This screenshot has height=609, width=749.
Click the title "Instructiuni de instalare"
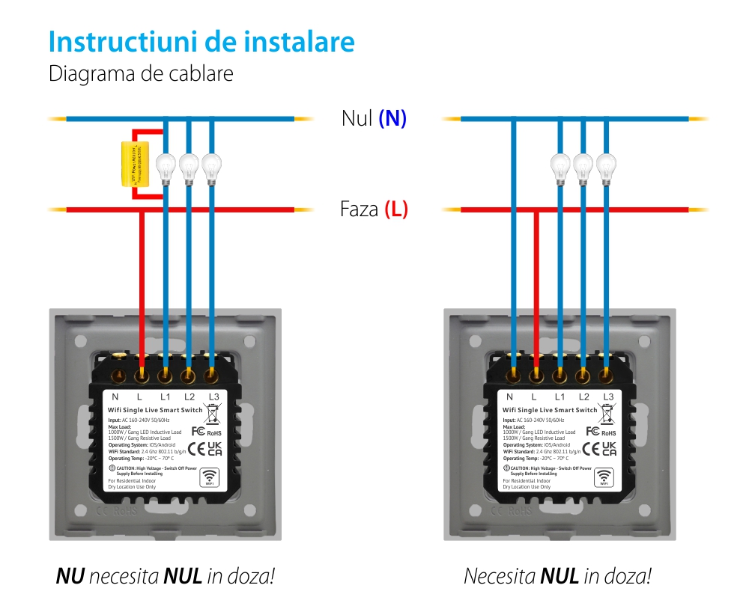[x=201, y=42]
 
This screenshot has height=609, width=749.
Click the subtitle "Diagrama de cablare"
[x=141, y=74]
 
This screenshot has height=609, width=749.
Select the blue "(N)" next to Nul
[x=392, y=118]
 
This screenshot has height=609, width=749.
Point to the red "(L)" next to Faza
[x=396, y=209]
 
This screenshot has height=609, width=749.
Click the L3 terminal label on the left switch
[x=214, y=397]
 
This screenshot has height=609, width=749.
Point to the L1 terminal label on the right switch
[x=560, y=397]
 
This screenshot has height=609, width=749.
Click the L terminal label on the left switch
[x=140, y=397]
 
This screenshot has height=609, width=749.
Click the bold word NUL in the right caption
[x=560, y=576]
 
